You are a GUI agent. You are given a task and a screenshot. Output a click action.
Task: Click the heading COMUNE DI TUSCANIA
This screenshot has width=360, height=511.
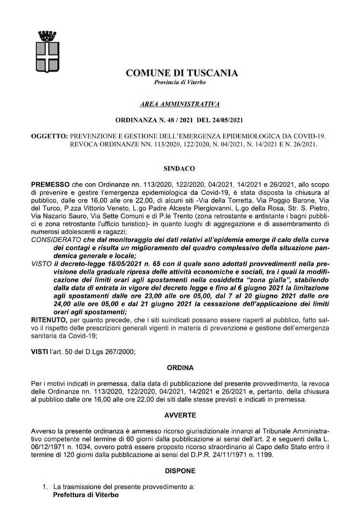point(179,73)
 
